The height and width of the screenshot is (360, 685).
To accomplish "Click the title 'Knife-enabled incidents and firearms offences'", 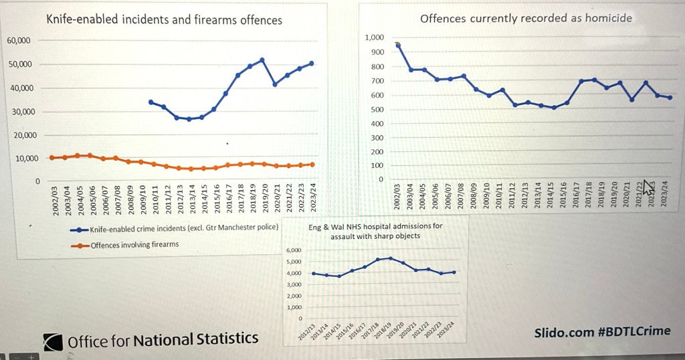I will coord(164,19).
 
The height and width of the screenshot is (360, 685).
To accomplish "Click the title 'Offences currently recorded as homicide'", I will coord(526,18).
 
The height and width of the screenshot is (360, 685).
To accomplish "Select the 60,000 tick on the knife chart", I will coord(19,40).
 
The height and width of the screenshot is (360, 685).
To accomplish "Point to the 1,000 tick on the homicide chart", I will coord(375,37).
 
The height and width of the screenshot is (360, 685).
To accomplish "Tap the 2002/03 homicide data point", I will coord(398,46).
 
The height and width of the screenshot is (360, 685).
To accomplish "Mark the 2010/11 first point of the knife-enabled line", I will coord(151,102).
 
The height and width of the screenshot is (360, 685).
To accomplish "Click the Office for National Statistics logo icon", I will coord(53,341).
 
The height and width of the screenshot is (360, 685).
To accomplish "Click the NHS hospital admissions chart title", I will coord(375,231).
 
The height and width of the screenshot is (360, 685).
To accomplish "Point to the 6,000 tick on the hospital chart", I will coord(294,250).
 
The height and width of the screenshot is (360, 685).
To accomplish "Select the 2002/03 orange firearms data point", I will coord(52,157).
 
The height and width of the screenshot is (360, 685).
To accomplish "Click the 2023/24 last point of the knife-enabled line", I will coord(312,64).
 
